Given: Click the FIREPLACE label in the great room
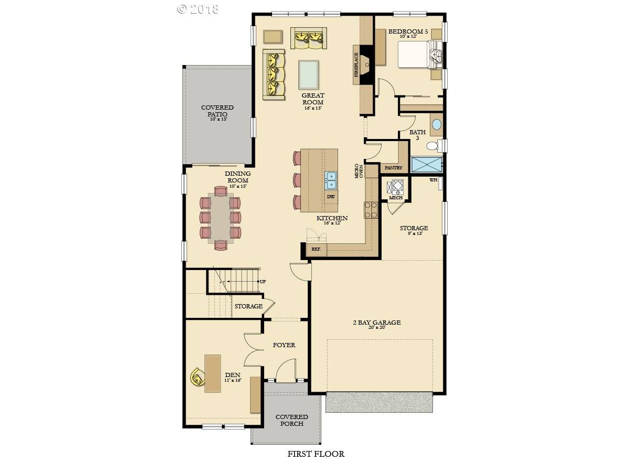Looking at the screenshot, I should pyautogui.click(x=356, y=64).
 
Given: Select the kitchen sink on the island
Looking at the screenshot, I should pyautogui.click(x=331, y=180).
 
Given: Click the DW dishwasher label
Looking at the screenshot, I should pyautogui.click(x=331, y=197).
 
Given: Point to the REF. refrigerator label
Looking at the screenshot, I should pyautogui.click(x=316, y=249).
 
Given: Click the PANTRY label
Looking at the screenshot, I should pyautogui.click(x=393, y=168).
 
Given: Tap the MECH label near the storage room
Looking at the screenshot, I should pyautogui.click(x=396, y=198).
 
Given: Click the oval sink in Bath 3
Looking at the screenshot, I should pyautogui.click(x=436, y=125).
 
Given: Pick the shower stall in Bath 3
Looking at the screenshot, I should pyautogui.click(x=427, y=164).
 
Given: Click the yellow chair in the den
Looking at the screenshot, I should pyautogui.click(x=198, y=377).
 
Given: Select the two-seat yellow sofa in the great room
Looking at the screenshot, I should pyautogui.click(x=309, y=38).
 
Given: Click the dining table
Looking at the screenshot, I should pyautogui.click(x=220, y=218).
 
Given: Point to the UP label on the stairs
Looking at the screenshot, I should pyautogui.click(x=263, y=282).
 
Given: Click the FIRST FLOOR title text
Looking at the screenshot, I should pyautogui.click(x=316, y=454).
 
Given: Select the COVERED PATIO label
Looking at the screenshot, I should pyautogui.click(x=218, y=111).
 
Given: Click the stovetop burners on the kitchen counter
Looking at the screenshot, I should pyautogui.click(x=371, y=210).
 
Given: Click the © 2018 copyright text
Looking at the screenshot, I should pyautogui.click(x=198, y=9).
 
